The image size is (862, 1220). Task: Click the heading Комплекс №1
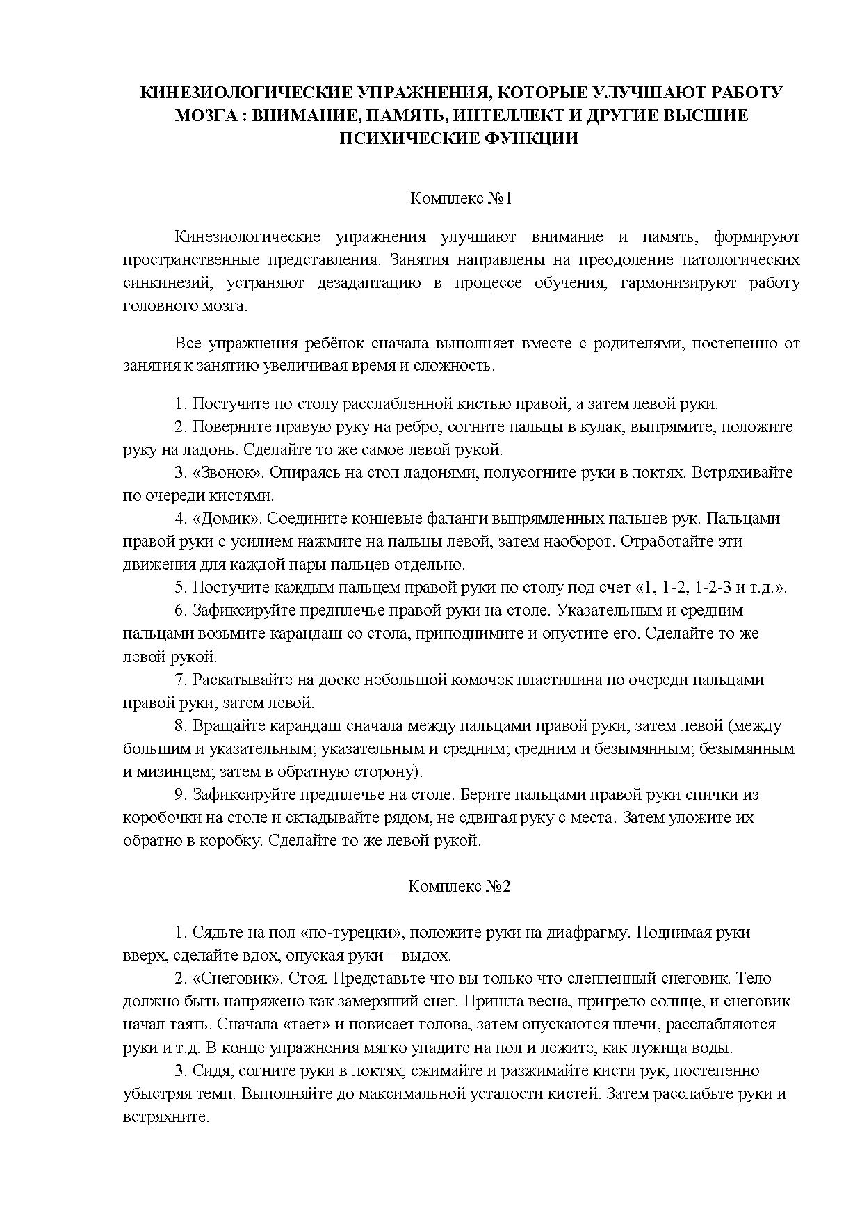(x=461, y=199)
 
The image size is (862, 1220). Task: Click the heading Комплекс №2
(x=460, y=886)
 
